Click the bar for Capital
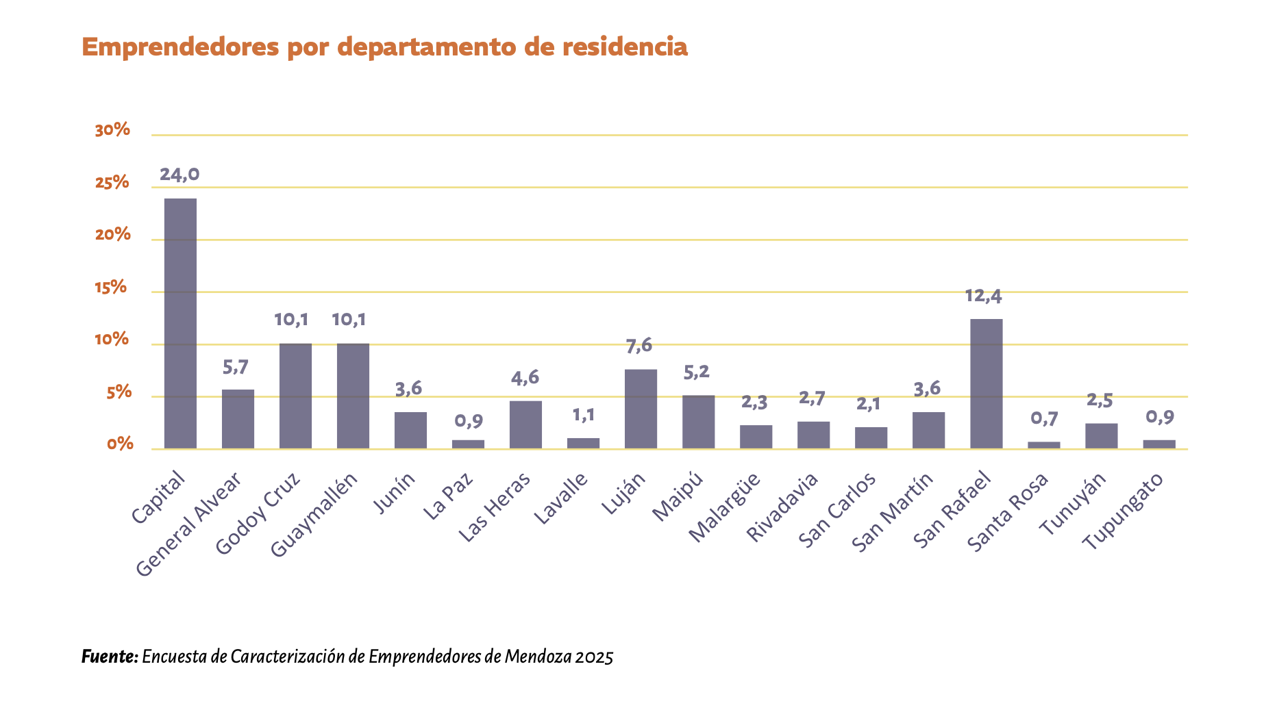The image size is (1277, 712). [x=180, y=323]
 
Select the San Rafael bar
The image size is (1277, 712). [x=986, y=383]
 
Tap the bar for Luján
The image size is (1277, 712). [x=641, y=409]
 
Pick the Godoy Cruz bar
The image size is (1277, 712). [x=295, y=396]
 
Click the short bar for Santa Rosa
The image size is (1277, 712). [x=1043, y=445]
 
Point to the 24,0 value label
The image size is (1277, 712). [x=179, y=175]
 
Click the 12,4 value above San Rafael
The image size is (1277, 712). [x=983, y=296]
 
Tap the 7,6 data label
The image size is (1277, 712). [x=639, y=346]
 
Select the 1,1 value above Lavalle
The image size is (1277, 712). [x=583, y=415]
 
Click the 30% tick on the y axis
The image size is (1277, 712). [x=112, y=130]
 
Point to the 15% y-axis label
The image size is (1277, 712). [x=111, y=287]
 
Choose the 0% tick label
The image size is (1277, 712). [x=120, y=444]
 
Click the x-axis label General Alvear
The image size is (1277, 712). [x=188, y=524]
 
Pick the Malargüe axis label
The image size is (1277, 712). [x=724, y=507]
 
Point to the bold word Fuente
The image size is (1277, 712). [x=110, y=657]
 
